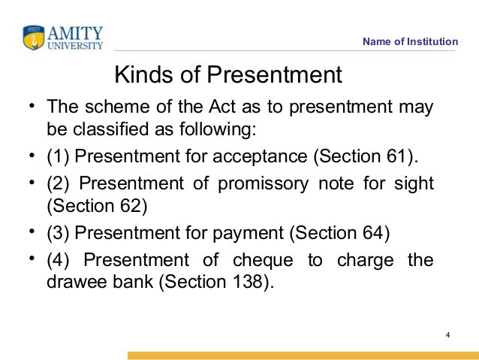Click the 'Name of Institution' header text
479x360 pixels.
click(410, 41)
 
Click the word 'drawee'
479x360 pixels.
click(73, 283)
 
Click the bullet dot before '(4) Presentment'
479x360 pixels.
click(33, 259)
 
